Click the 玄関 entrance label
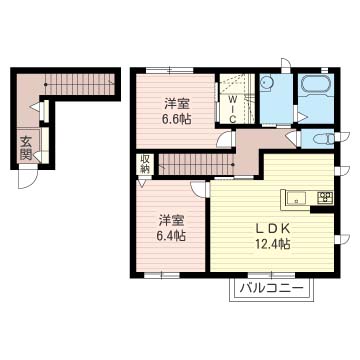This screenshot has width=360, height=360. [23, 147]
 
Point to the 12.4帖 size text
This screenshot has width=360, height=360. [270, 243]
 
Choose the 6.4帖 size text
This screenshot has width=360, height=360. [171, 236]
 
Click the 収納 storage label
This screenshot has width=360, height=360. [145, 163]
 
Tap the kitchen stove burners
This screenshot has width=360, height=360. [325, 196]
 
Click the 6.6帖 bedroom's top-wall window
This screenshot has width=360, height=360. [180, 68]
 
